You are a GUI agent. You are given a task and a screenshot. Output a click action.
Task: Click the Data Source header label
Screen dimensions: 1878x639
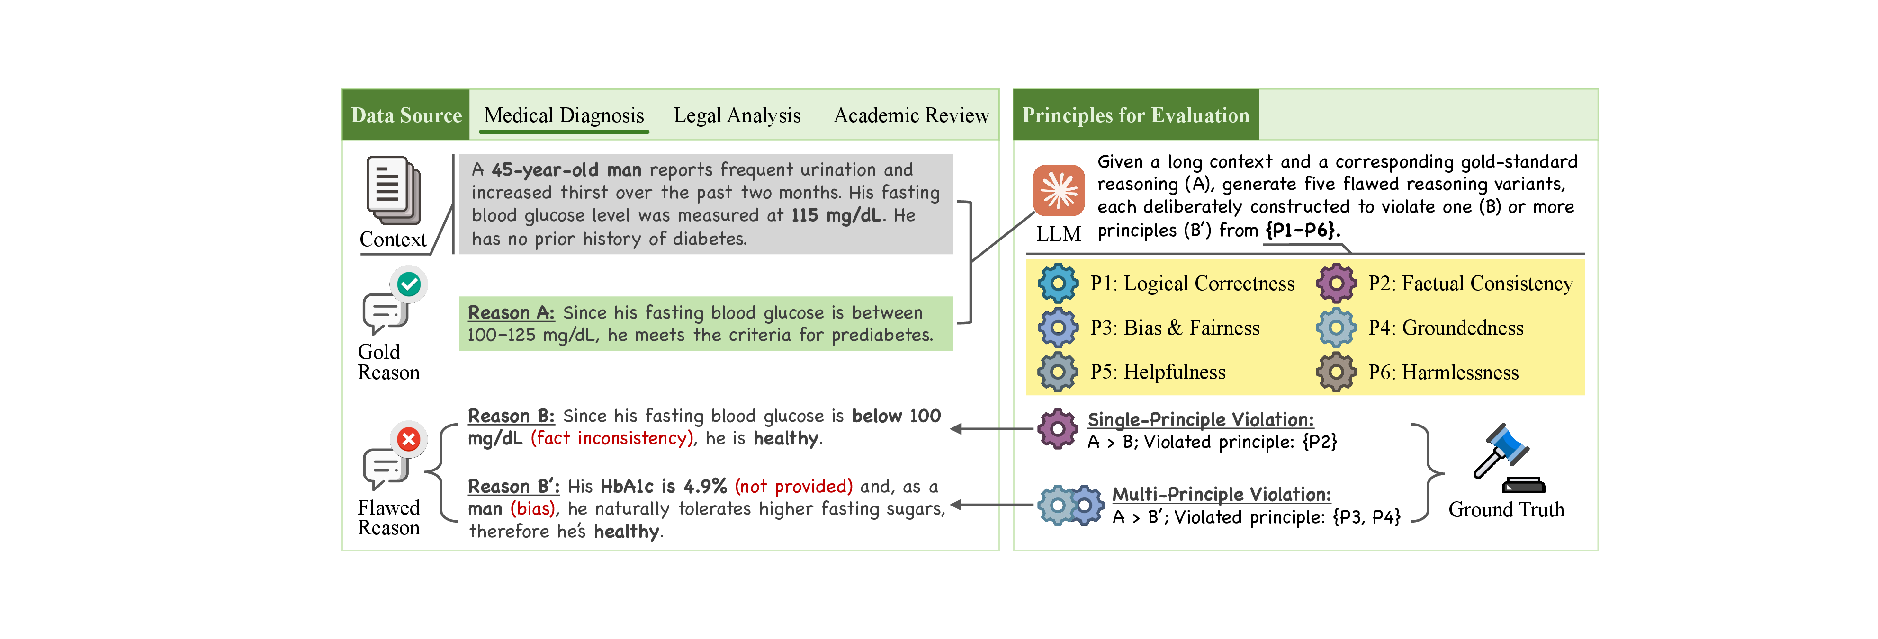click(406, 115)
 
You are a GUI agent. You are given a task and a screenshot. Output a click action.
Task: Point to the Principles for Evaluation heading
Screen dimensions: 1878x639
click(1136, 115)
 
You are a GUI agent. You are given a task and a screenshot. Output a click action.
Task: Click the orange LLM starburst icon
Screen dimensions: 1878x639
click(1059, 191)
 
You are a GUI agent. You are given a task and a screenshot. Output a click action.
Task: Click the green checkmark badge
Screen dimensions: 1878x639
click(409, 284)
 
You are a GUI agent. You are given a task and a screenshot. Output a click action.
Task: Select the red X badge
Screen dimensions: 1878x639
click(409, 439)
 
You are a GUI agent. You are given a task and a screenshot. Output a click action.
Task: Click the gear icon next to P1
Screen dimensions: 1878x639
click(1058, 284)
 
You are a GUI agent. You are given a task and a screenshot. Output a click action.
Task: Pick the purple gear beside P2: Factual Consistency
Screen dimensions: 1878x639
click(1336, 284)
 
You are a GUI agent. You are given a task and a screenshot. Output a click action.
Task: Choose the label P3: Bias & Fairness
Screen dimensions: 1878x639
click(1175, 328)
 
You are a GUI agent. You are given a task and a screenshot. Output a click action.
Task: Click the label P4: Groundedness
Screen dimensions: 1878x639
click(1446, 328)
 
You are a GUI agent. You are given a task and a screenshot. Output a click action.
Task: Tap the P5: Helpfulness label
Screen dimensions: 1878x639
click(1158, 373)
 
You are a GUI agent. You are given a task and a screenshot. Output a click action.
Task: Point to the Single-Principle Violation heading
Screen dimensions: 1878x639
click(1201, 420)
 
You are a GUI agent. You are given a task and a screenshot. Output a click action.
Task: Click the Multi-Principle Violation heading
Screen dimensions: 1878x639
click(1222, 494)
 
